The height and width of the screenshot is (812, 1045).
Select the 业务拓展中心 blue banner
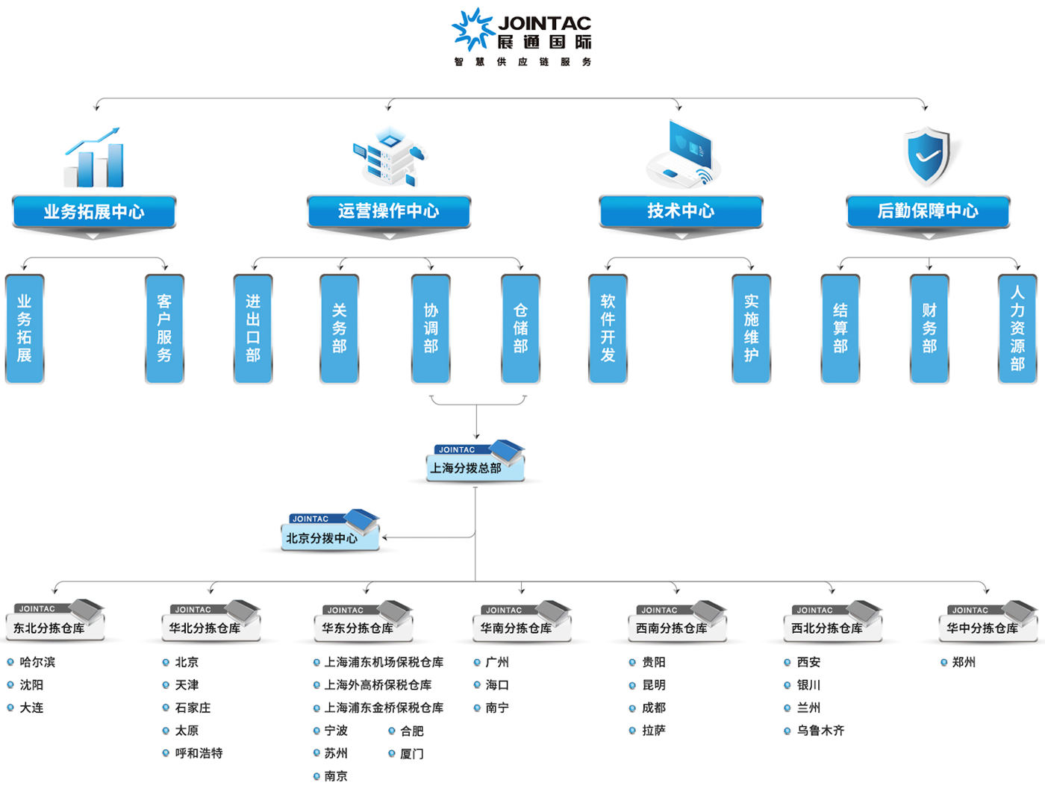point(94,212)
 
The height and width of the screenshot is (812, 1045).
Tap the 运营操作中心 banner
point(389,211)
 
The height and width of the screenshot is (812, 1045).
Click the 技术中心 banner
point(681,211)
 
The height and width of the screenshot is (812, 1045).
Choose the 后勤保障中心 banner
point(928,211)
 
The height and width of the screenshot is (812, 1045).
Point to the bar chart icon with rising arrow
point(94,157)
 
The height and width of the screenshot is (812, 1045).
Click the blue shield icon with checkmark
point(928,155)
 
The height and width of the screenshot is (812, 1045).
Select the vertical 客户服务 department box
point(164,329)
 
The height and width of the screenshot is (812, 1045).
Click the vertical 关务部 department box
point(340,329)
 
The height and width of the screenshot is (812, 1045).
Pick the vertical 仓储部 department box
point(520,329)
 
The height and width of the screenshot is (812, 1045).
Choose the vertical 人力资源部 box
point(1017,329)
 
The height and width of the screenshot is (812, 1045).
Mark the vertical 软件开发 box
point(608,329)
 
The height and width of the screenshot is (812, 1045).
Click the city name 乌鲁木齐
point(820,731)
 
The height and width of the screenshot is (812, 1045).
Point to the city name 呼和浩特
point(199,753)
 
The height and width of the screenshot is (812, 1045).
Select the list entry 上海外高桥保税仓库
point(378,685)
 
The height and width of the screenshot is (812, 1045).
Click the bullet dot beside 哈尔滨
point(10,662)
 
